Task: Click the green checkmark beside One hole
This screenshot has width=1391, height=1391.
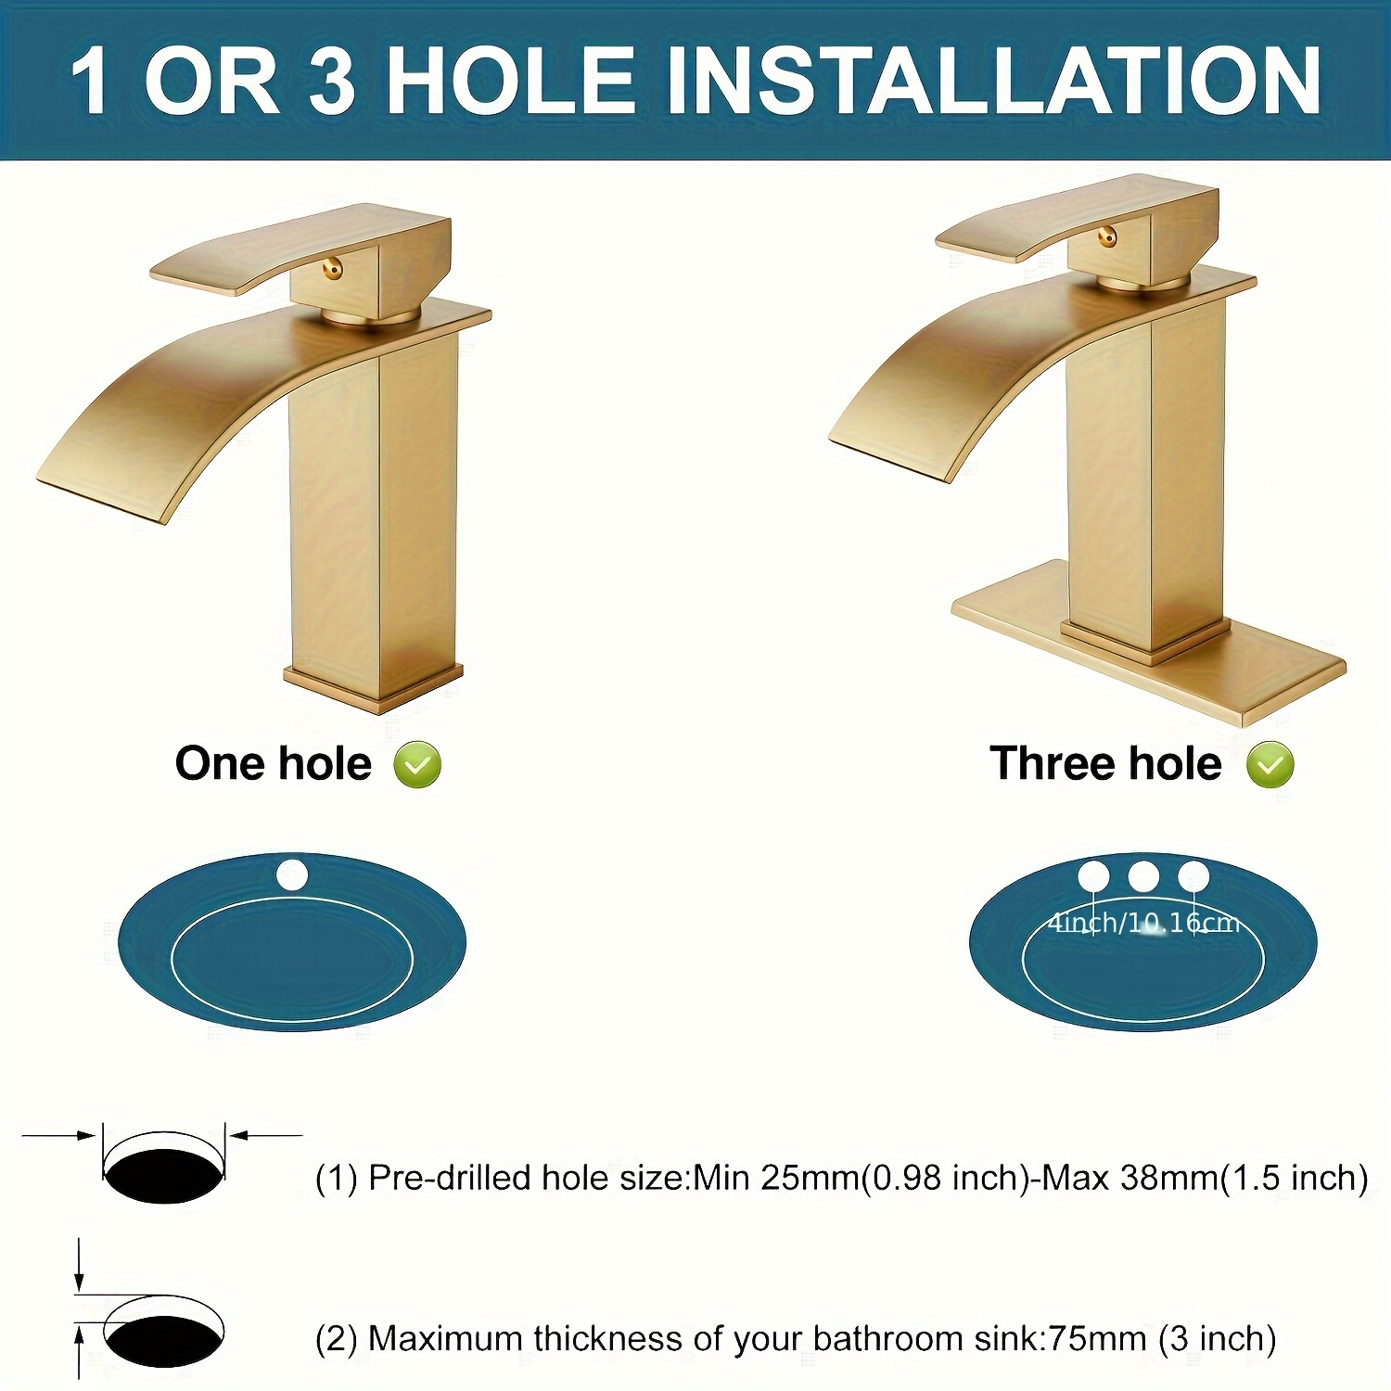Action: click(417, 765)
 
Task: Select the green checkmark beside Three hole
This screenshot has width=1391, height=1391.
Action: click(1270, 765)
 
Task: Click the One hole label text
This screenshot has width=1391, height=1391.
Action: click(274, 763)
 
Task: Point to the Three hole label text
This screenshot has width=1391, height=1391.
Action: click(1105, 763)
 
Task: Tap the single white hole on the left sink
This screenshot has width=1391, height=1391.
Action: click(291, 874)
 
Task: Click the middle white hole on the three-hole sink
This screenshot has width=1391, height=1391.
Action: click(1142, 875)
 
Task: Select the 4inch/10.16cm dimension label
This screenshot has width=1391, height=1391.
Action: click(1143, 923)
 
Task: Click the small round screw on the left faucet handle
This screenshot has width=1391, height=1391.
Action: click(332, 270)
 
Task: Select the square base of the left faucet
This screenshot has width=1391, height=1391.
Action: click(373, 686)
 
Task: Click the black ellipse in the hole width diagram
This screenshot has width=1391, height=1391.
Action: click(164, 1176)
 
